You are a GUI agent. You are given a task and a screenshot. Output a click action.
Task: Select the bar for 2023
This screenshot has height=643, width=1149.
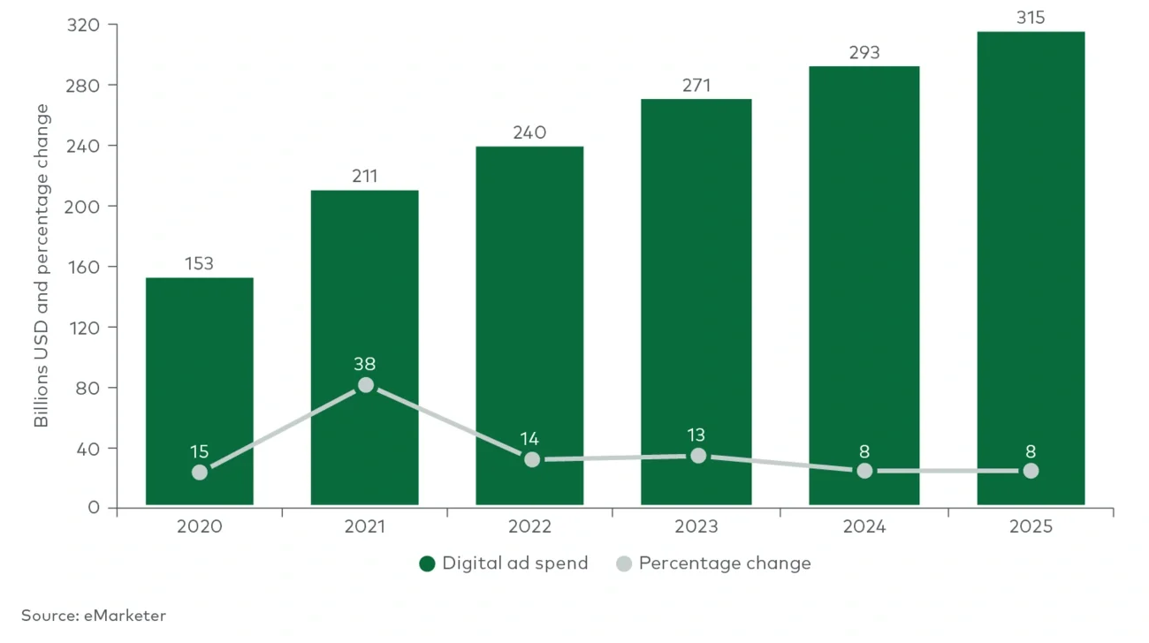pos(697,300)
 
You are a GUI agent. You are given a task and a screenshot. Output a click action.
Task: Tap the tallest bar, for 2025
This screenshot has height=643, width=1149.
pos(1031,265)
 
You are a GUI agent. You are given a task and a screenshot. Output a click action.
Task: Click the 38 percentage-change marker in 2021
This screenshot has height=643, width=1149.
pos(365,385)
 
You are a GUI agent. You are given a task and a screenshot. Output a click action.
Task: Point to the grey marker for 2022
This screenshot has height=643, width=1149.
pos(531,459)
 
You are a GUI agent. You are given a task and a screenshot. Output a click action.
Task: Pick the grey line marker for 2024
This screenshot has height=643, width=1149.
pos(864,471)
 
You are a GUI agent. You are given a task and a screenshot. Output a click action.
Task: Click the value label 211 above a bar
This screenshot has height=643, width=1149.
pos(364,177)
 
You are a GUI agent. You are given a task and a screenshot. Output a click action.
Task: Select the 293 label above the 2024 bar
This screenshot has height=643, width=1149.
pos(864,53)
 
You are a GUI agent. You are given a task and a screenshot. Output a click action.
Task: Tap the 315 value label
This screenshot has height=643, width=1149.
pos(1031,17)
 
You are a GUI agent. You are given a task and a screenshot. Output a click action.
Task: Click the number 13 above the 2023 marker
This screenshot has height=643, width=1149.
pos(697,435)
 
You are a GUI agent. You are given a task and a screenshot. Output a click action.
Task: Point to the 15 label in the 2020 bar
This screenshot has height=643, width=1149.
pos(199,451)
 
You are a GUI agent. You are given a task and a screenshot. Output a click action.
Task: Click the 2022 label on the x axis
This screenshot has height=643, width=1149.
pos(530,527)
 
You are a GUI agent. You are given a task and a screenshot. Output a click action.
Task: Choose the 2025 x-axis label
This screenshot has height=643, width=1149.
pos(1031,527)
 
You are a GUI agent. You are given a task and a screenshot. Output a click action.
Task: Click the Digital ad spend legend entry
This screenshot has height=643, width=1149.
pos(504,564)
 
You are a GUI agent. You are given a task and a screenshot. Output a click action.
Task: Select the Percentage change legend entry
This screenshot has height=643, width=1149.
pos(713,564)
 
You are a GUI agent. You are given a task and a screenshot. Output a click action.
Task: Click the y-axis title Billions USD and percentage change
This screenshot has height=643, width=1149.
pos(42,265)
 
